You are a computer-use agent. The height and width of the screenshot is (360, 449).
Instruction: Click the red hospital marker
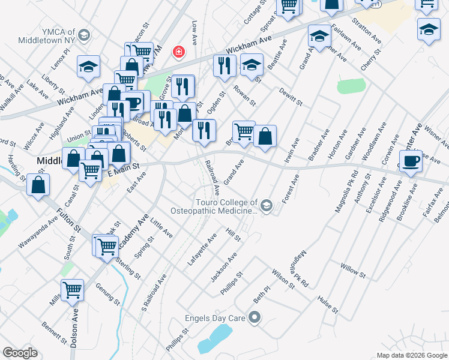tap(178, 53)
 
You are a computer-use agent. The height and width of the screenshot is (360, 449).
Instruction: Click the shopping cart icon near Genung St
tap(72, 290)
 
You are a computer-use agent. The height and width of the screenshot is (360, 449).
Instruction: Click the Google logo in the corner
tap(20, 353)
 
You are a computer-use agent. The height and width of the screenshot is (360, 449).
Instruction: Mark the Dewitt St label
tap(291, 97)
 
